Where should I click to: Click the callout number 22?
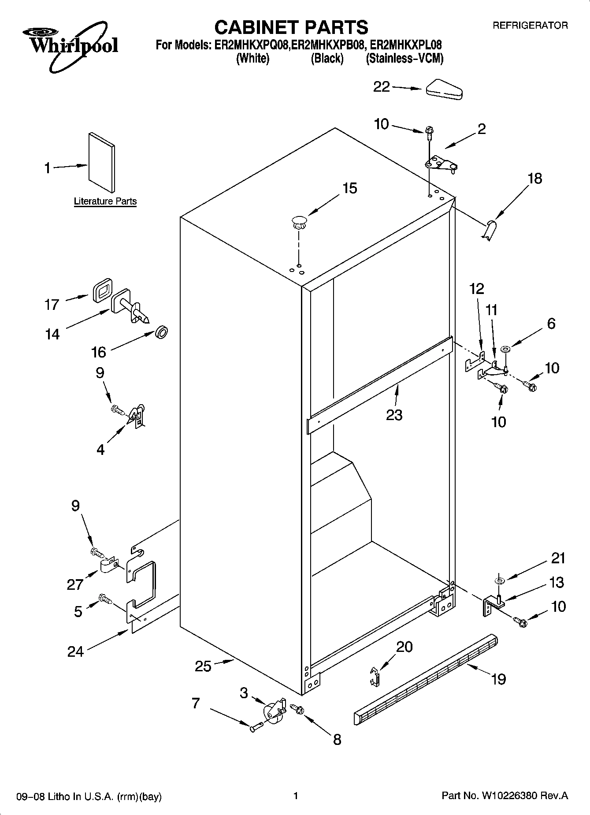(x=382, y=87)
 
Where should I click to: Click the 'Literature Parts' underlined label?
(x=105, y=201)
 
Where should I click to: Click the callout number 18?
(x=534, y=179)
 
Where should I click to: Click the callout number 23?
(x=394, y=415)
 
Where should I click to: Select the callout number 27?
(x=75, y=584)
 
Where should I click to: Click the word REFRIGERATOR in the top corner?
(x=530, y=26)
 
